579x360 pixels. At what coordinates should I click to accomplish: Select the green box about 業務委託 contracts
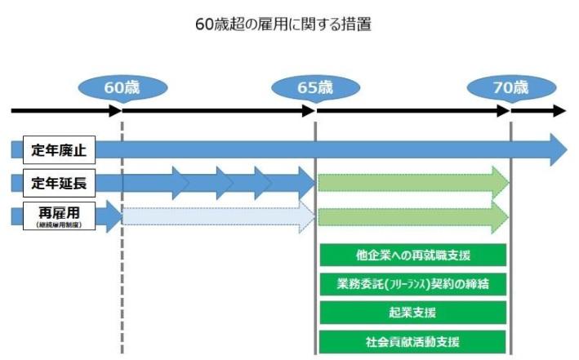[x=413, y=284]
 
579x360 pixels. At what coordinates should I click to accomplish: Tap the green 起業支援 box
[x=413, y=313]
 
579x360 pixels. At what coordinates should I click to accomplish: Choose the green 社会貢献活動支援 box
[x=413, y=341]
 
